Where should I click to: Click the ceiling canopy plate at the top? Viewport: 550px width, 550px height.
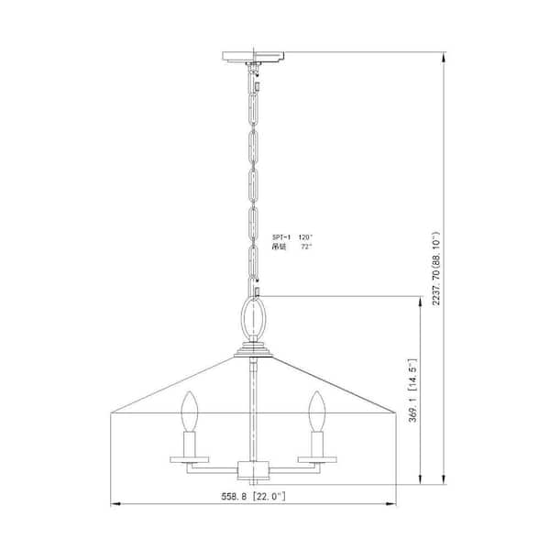(x=256, y=60)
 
